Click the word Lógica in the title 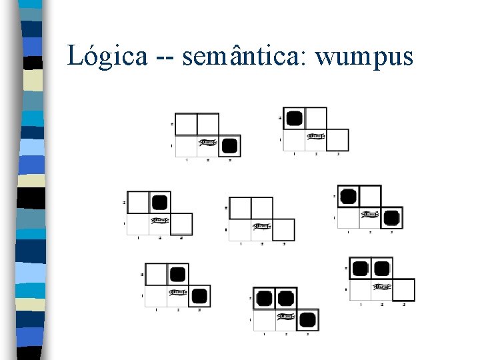(107, 56)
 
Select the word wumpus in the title (365, 56)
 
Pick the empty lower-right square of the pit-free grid (283, 229)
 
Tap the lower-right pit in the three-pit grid (307, 319)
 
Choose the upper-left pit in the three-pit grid (264, 298)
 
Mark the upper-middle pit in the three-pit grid (286, 298)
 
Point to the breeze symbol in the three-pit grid (286, 317)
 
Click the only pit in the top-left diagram (229, 146)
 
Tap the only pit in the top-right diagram (295, 119)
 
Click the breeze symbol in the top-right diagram (316, 137)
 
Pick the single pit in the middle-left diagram (159, 202)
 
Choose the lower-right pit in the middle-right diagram (391, 217)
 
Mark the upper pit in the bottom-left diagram (177, 274)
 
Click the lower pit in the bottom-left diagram (199, 295)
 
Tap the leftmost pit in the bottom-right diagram (361, 269)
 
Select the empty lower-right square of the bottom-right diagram (403, 289)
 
